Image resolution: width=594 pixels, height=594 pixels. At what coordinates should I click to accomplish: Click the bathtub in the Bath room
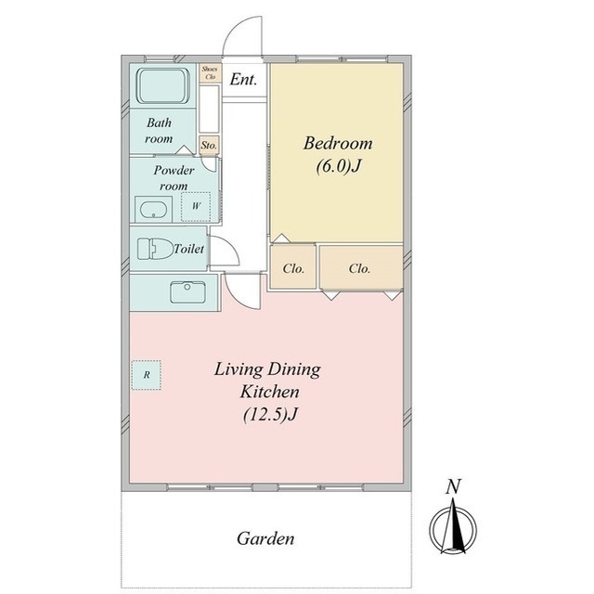point(163,85)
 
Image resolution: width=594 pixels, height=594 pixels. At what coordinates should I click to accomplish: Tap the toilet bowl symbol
point(155,249)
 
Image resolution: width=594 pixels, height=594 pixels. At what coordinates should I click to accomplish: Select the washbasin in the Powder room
point(154,210)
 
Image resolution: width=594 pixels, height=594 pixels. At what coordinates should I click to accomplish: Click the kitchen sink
point(187,292)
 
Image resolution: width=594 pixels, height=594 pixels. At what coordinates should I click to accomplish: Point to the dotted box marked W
point(196,206)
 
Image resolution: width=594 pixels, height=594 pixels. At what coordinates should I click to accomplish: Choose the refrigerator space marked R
point(147,375)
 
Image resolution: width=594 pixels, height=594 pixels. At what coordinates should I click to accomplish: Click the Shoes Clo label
point(211,72)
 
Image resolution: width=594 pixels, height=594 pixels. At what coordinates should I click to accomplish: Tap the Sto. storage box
point(209,145)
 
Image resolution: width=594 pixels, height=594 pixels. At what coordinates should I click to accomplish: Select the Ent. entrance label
point(243,80)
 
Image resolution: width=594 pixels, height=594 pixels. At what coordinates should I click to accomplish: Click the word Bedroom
point(338,143)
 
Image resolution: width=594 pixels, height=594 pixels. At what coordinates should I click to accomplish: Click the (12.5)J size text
point(270,415)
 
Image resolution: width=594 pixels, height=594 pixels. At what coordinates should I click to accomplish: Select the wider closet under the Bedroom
point(361,267)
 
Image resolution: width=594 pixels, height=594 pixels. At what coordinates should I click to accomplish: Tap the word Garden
point(265,538)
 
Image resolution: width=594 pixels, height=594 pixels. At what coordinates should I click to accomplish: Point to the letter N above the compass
point(453,486)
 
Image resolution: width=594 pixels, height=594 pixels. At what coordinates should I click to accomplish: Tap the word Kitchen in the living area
point(270,392)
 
